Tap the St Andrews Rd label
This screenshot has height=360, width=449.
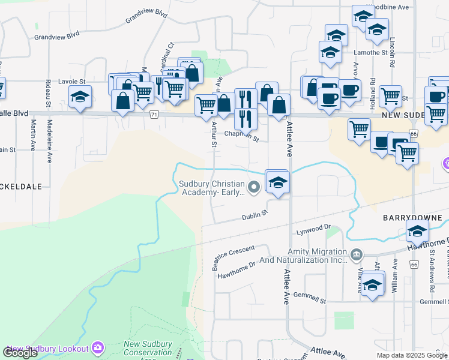(x=431, y=264)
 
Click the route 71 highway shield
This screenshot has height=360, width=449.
(x=155, y=114)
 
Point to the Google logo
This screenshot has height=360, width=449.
(x=20, y=353)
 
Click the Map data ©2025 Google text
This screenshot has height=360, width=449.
(x=411, y=355)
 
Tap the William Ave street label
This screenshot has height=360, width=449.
(x=395, y=272)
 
